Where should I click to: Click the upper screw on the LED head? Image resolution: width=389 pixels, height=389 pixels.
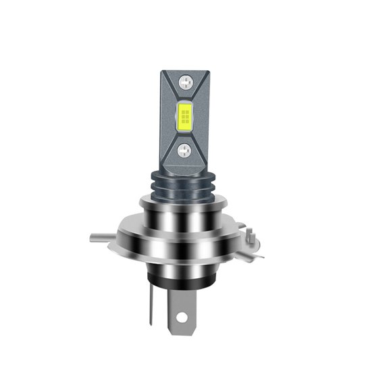pyautogui.click(x=184, y=84)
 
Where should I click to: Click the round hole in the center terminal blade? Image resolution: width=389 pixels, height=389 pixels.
pyautogui.click(x=184, y=315)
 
